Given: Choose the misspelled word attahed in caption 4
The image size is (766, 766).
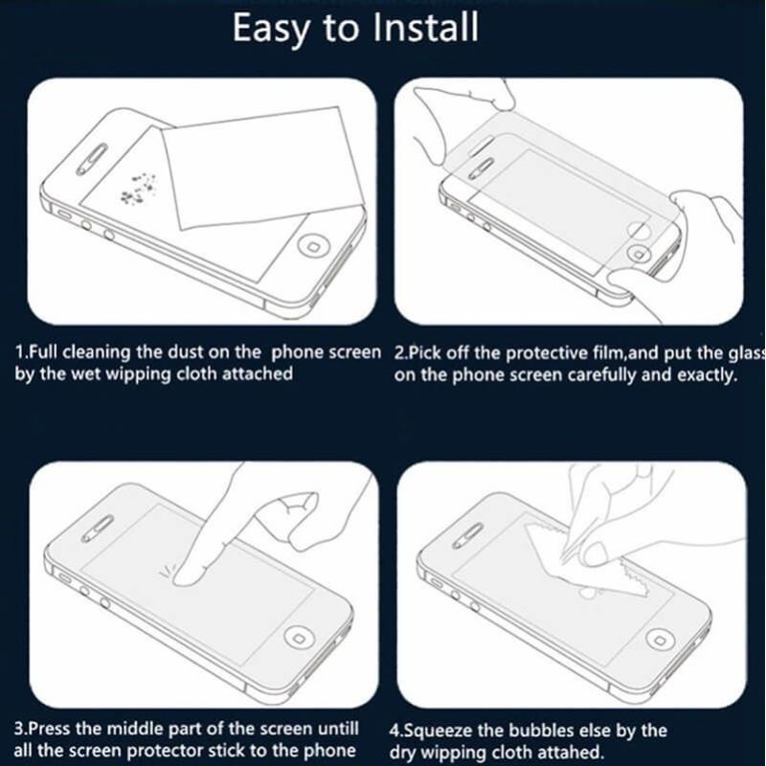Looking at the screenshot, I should coord(573,752).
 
